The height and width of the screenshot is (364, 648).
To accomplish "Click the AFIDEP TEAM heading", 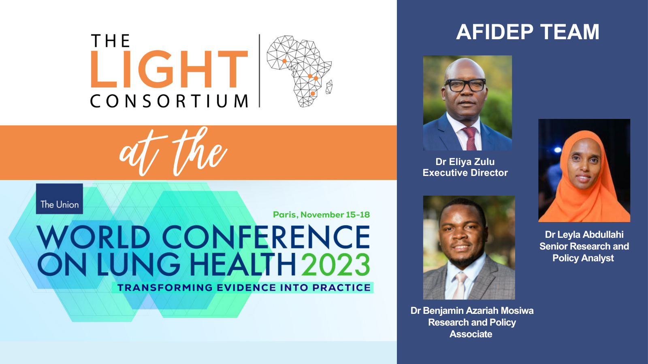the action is click(528, 32).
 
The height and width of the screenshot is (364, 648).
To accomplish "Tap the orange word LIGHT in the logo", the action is click(169, 69).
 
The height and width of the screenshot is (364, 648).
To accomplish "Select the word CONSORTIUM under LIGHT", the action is click(169, 101).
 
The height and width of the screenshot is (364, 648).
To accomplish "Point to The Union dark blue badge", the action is click(59, 199).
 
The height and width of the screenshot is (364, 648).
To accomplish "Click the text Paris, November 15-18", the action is click(322, 215).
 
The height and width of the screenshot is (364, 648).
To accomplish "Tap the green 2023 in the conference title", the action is click(336, 265).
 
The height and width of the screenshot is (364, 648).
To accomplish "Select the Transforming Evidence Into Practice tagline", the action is click(244, 288).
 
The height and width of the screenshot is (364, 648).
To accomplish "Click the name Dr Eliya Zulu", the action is click(465, 161).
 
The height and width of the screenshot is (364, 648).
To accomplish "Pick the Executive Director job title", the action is click(465, 173).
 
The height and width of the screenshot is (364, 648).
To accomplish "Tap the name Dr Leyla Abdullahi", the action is click(584, 235).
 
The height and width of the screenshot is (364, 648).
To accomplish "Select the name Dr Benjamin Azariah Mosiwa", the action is click(472, 311).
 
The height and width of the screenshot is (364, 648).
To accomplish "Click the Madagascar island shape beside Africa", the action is click(329, 87).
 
